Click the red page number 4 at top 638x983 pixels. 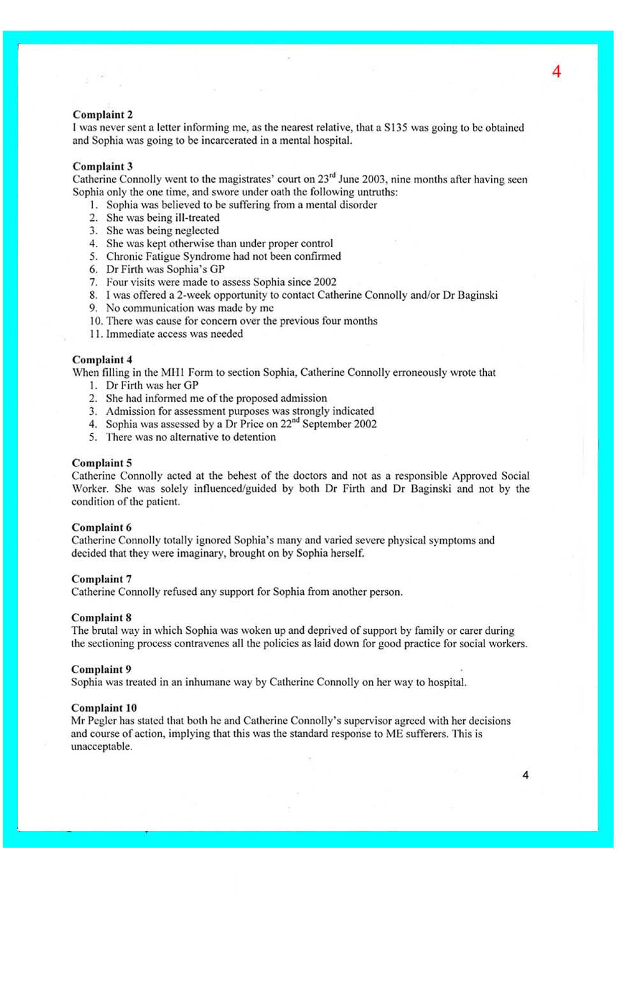coord(556,71)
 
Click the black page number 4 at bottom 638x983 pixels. coord(525,775)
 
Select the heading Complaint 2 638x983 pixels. coord(103,115)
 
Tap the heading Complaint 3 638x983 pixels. coord(103,167)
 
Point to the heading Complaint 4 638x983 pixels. coord(102,360)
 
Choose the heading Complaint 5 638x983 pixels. coord(102,463)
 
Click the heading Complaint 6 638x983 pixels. coord(101,528)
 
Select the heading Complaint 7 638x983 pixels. coord(101,579)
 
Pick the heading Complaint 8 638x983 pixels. coord(101,618)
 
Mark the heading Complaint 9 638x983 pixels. coord(101,670)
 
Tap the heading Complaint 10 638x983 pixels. coord(104,708)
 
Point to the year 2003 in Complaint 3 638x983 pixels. coord(374,179)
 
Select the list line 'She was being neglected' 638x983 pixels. coord(162,230)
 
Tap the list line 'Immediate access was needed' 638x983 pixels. coord(174,334)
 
